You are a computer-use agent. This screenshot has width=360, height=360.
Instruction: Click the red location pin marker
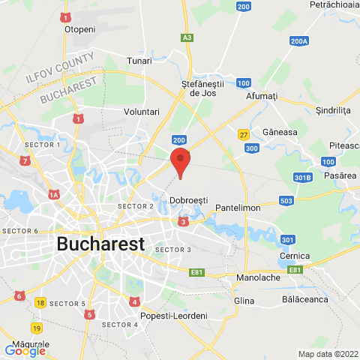[x=179, y=162]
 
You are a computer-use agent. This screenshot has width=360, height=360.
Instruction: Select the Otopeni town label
[x=80, y=29]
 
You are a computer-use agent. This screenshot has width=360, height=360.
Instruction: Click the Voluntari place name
[x=141, y=111]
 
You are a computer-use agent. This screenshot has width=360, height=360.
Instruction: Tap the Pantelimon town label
[x=237, y=206]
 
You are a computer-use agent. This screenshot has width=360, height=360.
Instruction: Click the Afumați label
[x=262, y=97]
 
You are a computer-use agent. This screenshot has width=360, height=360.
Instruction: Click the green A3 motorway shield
[x=187, y=37]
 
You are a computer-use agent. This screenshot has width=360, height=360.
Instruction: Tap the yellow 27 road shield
[x=243, y=134]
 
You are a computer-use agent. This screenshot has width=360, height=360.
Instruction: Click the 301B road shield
[x=302, y=178]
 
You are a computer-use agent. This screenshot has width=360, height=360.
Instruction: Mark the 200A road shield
[x=299, y=41]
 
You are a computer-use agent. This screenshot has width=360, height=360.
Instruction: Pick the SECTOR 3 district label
[x=173, y=249]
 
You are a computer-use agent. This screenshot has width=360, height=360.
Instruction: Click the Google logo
[x=25, y=350]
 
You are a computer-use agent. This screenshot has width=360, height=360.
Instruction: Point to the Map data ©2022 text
[x=328, y=354]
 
